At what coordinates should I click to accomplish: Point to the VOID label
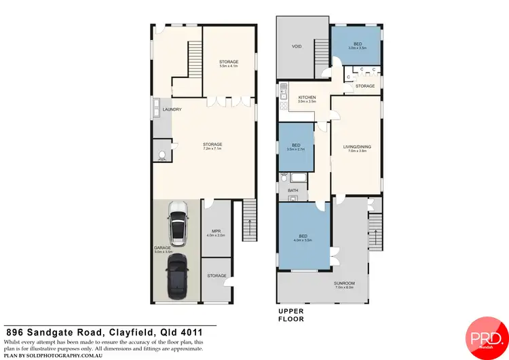pyautogui.click(x=297, y=47)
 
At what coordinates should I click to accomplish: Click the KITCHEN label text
pyautogui.click(x=307, y=97)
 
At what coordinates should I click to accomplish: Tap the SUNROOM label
pyautogui.click(x=345, y=283)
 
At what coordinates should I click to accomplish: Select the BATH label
pyautogui.click(x=293, y=191)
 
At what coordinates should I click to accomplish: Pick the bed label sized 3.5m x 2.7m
pyautogui.click(x=296, y=145)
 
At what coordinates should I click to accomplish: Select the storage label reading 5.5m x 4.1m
pyautogui.click(x=229, y=62)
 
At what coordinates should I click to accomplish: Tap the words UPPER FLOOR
pyautogui.click(x=290, y=315)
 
